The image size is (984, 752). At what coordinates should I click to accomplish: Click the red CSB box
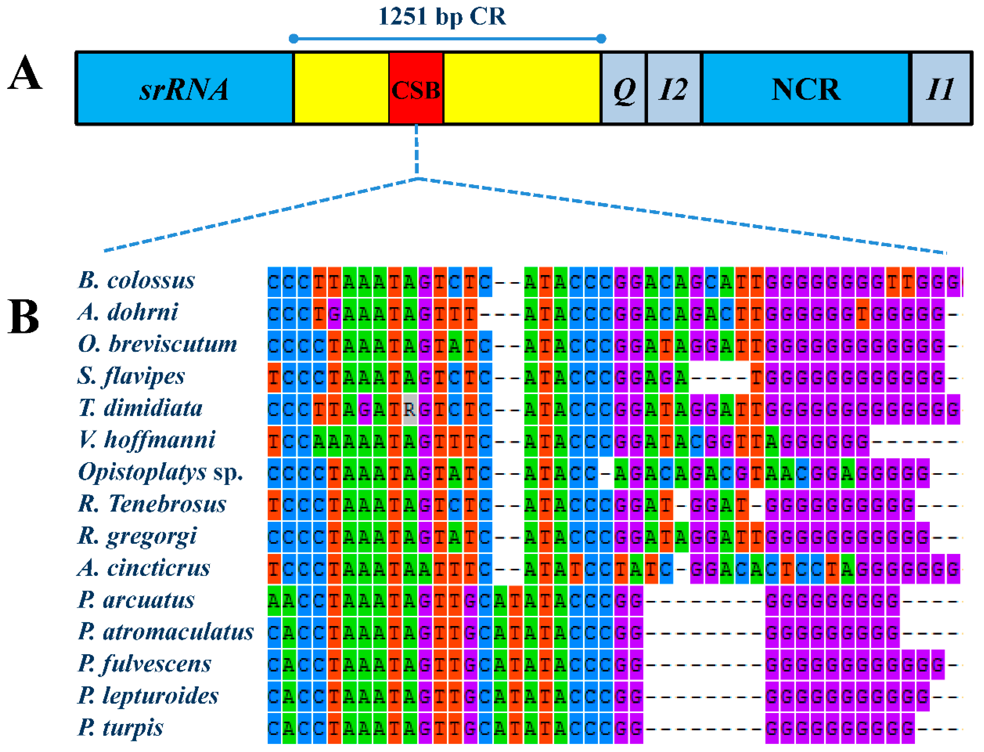point(416,88)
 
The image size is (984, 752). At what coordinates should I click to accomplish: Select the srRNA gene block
point(184,88)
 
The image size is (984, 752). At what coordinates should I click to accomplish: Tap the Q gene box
point(624,88)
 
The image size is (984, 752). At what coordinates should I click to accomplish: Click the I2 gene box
point(673,88)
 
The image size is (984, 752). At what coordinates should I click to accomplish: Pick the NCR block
point(806,88)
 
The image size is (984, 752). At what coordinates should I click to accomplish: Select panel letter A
point(25,73)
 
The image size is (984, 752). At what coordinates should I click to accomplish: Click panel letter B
point(23,317)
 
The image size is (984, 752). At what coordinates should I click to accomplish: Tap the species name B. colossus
point(136,281)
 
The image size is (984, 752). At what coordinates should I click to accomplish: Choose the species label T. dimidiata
point(140,408)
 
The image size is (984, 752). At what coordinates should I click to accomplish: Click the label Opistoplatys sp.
point(160,472)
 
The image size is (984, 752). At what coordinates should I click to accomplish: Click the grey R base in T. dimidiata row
point(409,409)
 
